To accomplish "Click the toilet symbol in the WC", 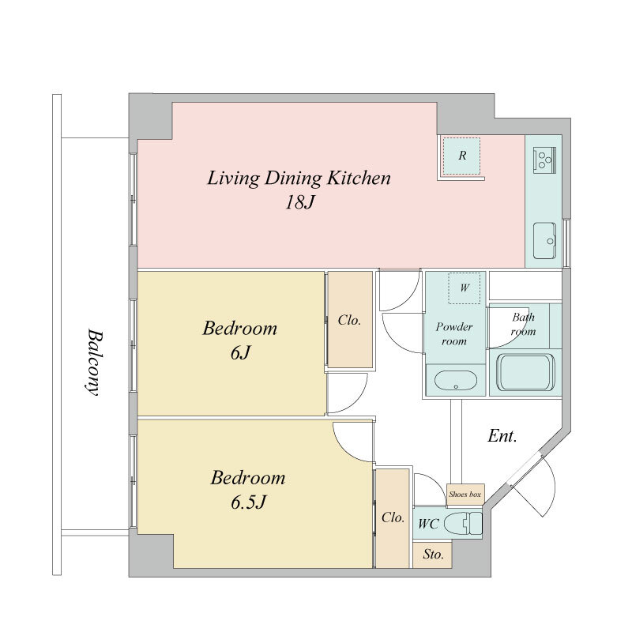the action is point(463,523).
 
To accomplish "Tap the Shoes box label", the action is point(465,495).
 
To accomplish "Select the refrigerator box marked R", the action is point(461,156).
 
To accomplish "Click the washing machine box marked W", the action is point(465,288).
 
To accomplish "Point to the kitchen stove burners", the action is point(544,160).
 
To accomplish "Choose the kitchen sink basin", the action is point(544,241).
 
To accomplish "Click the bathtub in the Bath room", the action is point(525,372).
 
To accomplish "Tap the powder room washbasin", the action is point(456,381).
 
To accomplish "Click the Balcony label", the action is point(94,363).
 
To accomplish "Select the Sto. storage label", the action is point(433,555).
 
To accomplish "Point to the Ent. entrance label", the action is point(502,436).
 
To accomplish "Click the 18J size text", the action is point(299,202).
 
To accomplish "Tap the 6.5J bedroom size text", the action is point(248,502).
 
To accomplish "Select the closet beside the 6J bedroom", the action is point(350,319).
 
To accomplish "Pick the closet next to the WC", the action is point(393,518).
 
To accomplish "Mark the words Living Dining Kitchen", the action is point(299,179).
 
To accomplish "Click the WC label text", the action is point(428,524).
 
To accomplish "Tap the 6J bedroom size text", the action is point(240,353).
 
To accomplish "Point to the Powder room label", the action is point(453,333).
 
